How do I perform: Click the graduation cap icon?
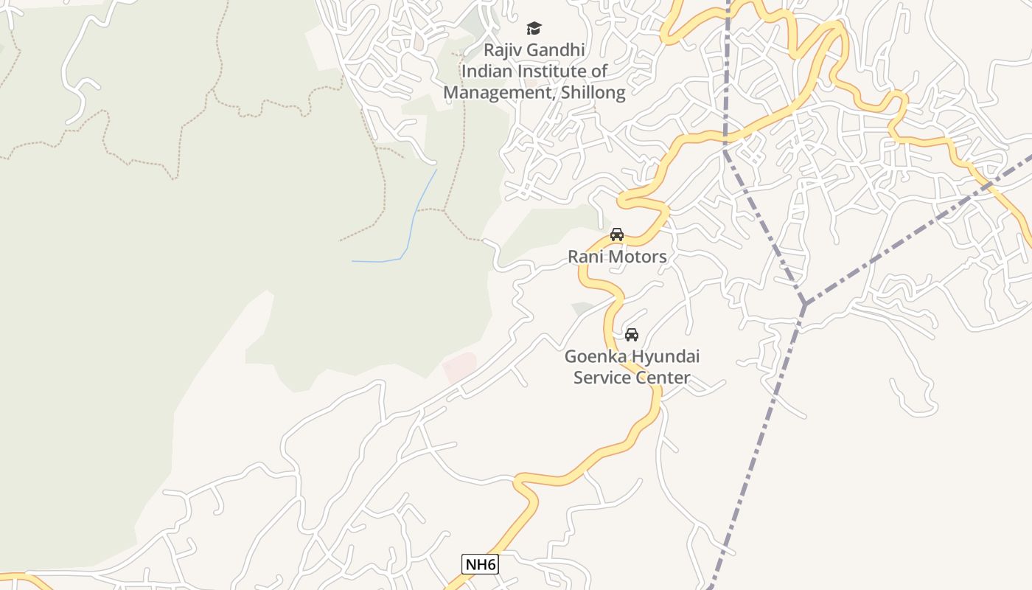pyautogui.click(x=534, y=29)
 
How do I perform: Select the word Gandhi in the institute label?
pyautogui.click(x=557, y=50)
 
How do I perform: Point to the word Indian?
pyautogui.click(x=484, y=72)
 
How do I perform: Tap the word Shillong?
pyautogui.click(x=593, y=93)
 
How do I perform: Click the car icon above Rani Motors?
pyautogui.click(x=617, y=235)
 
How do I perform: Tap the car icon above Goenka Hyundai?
pyautogui.click(x=632, y=335)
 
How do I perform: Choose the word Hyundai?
pyautogui.click(x=664, y=357)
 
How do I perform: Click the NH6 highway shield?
pyautogui.click(x=480, y=565)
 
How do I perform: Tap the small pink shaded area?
pyautogui.click(x=459, y=367)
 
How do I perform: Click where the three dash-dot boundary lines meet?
pyautogui.click(x=804, y=303)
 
